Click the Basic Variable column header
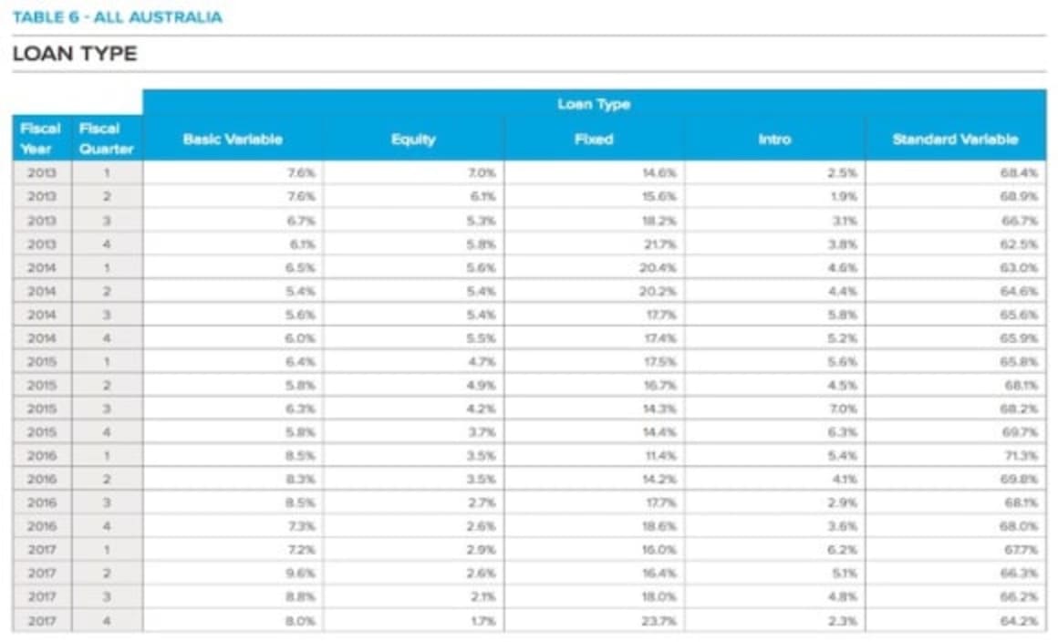pyautogui.click(x=233, y=140)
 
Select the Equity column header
pyautogui.click(x=413, y=140)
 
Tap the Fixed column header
pyautogui.click(x=594, y=140)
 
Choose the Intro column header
pyautogui.click(x=774, y=140)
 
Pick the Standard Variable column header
pyautogui.click(x=955, y=140)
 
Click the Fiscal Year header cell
pyautogui.click(x=41, y=139)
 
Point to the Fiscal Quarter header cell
pyautogui.click(x=107, y=139)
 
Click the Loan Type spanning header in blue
pyautogui.click(x=594, y=104)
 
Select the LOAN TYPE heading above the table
pyautogui.click(x=75, y=54)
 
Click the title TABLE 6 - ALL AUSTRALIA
pyautogui.click(x=118, y=17)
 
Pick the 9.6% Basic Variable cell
pyautogui.click(x=302, y=574)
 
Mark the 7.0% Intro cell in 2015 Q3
pyautogui.click(x=843, y=408)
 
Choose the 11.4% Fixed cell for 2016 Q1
pyautogui.click(x=662, y=455)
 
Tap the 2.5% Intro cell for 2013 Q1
pyautogui.click(x=843, y=171)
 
